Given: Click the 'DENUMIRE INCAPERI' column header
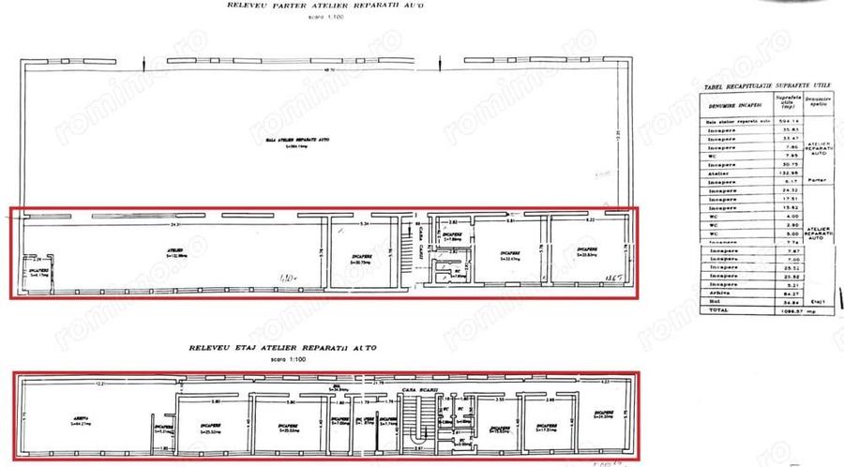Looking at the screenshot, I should (x=734, y=105).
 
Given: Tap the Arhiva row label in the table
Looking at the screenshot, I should (x=717, y=293).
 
